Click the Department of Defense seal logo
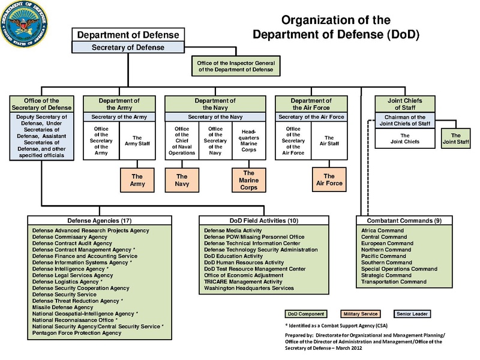point(24,24)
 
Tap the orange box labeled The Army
point(137,180)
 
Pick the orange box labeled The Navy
point(181,180)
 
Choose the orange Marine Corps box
point(249,180)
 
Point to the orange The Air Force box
point(328,180)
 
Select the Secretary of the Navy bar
point(215,116)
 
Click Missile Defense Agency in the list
point(63,307)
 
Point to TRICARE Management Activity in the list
point(242,281)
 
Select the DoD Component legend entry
point(305,313)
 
